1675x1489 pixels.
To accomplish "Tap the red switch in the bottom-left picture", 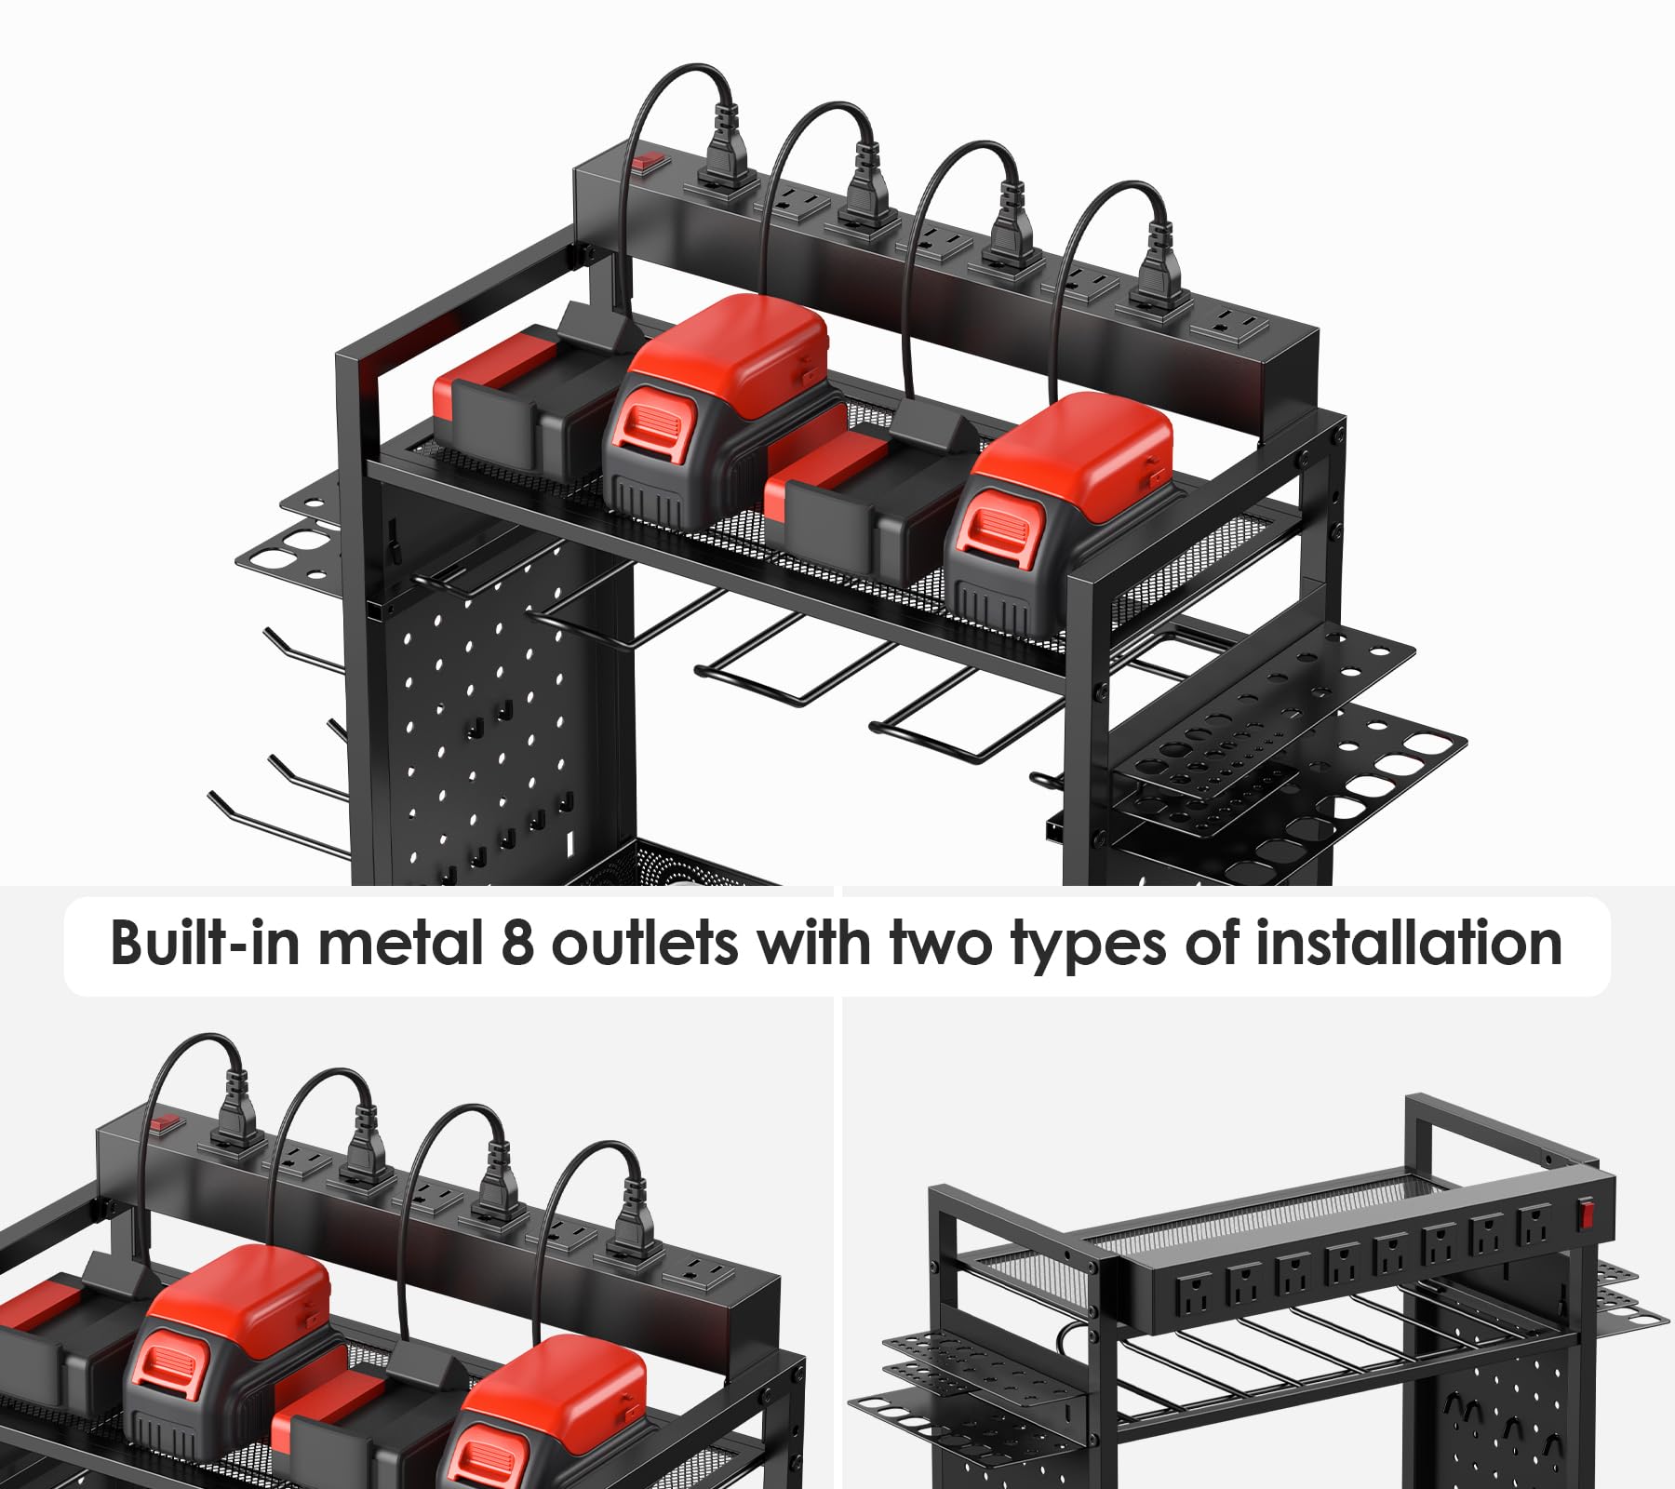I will pos(165,1123).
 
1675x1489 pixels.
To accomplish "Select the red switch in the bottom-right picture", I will pos(1588,1214).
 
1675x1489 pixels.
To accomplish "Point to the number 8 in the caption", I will pos(517,944).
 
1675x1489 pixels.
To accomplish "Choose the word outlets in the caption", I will pos(645,944).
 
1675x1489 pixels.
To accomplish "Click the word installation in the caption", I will pos(1409,944).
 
